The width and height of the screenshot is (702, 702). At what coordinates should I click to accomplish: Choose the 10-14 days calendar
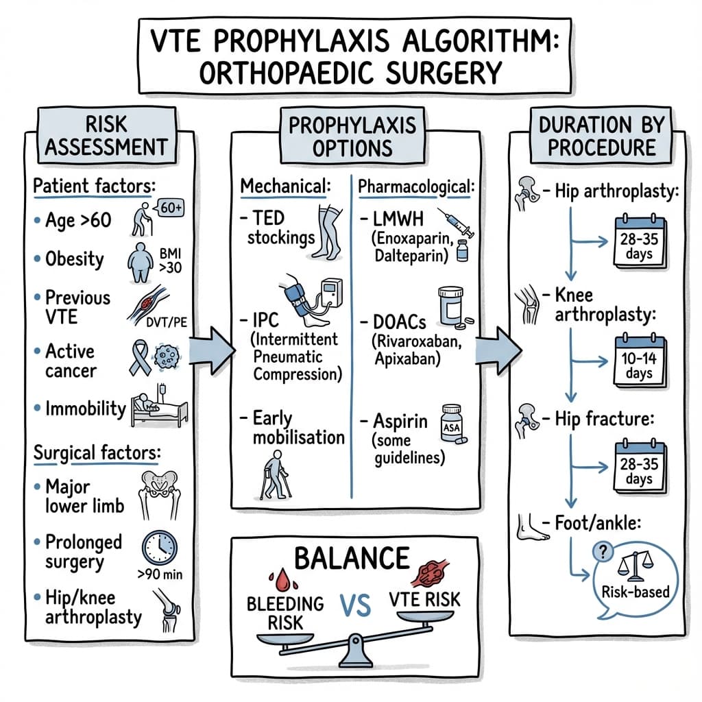point(639,358)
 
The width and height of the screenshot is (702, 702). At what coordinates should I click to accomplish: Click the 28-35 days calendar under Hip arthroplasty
point(639,240)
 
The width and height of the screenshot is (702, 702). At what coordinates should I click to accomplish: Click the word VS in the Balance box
point(354,605)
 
